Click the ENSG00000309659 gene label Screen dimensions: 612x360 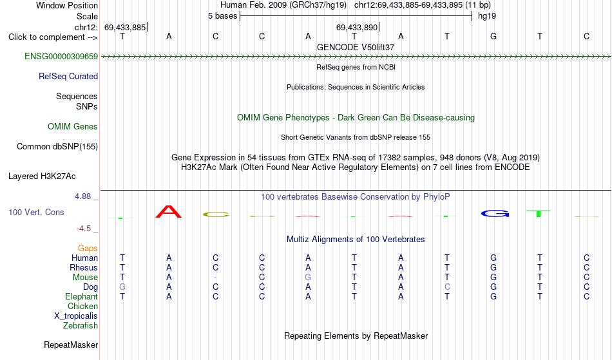(x=61, y=57)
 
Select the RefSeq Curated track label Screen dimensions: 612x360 (x=68, y=77)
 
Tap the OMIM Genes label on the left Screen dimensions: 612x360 (x=72, y=127)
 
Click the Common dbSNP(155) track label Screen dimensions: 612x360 (x=57, y=147)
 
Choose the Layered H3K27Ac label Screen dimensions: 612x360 (x=42, y=176)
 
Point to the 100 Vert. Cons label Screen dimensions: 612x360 (x=36, y=212)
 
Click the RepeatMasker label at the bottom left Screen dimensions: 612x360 (x=71, y=345)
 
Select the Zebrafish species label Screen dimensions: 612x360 (x=81, y=326)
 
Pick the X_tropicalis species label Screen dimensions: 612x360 (x=76, y=316)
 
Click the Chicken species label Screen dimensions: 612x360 (x=82, y=306)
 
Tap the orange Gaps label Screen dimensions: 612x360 (x=88, y=249)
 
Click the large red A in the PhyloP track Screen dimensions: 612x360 (x=169, y=211)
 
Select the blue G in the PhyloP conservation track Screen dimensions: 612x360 (x=495, y=213)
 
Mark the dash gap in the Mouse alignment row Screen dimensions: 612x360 (x=215, y=278)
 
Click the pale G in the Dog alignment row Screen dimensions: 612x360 (x=122, y=287)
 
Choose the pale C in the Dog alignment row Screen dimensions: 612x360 (x=447, y=287)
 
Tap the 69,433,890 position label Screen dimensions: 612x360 (x=357, y=27)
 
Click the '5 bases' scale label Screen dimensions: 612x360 (x=222, y=16)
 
